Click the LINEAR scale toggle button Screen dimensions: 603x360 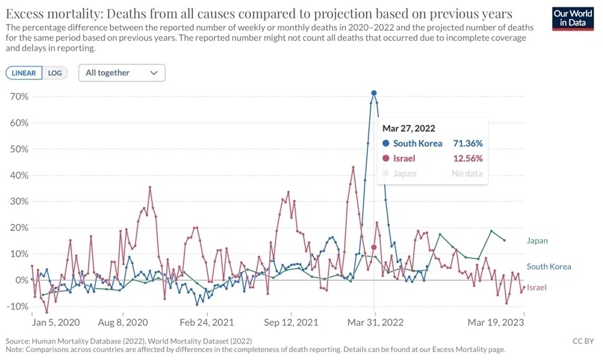(x=24, y=73)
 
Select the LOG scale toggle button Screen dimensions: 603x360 (x=55, y=73)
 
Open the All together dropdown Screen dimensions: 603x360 (x=122, y=73)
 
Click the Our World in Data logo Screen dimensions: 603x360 (x=573, y=18)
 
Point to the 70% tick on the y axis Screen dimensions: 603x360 (x=20, y=96)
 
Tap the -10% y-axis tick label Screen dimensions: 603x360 (x=18, y=307)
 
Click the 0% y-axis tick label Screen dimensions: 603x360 (x=22, y=280)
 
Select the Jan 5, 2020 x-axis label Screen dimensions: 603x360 (x=56, y=322)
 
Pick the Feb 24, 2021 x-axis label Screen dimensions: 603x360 (x=206, y=322)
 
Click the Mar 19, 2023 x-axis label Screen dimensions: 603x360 (x=496, y=322)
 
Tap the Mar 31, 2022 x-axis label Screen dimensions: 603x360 (x=375, y=322)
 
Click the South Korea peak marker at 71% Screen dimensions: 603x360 (x=374, y=93)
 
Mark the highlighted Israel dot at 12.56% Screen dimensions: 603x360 (x=374, y=247)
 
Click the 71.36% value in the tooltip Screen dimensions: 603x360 (x=468, y=143)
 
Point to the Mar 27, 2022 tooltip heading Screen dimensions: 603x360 (x=409, y=128)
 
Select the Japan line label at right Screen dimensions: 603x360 (x=537, y=241)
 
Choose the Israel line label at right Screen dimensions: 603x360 (x=537, y=288)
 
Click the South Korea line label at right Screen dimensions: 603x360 (x=549, y=266)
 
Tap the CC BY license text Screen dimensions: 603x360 (x=583, y=341)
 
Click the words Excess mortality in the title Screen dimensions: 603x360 (x=53, y=14)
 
